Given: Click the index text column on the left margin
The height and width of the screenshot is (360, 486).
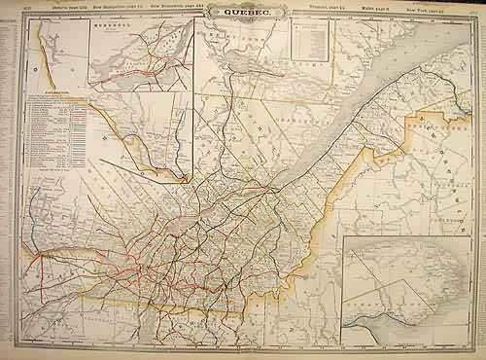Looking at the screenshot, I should click(11, 175).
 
